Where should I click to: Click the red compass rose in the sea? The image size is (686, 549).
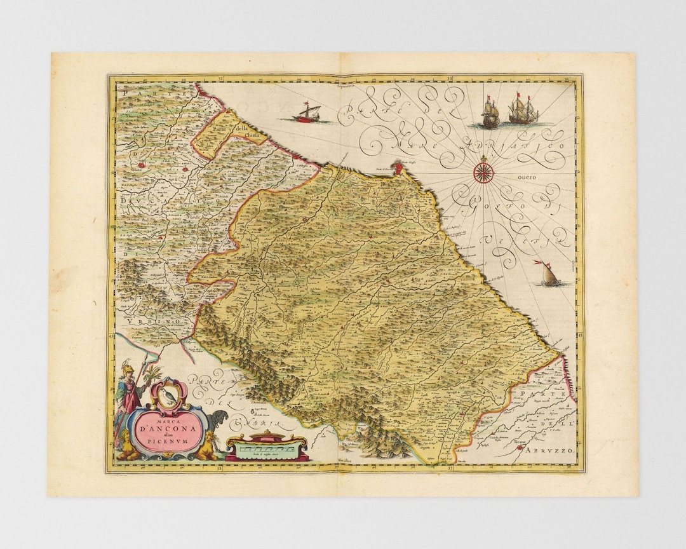[484, 170]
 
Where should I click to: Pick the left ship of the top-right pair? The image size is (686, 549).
[490, 113]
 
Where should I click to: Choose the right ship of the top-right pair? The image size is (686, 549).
[523, 109]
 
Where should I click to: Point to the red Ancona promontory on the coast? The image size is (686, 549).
[398, 168]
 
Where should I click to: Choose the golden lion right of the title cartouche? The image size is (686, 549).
[206, 449]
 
